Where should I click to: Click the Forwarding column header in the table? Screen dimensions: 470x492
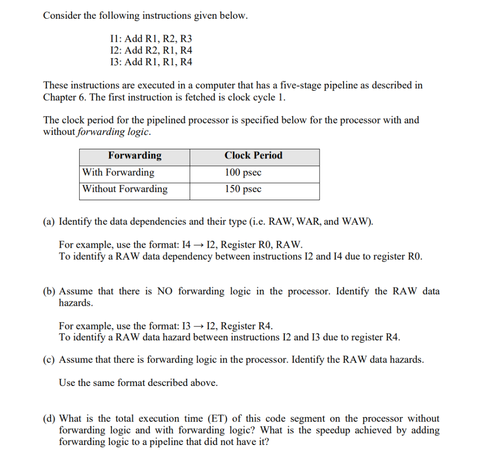tap(135, 156)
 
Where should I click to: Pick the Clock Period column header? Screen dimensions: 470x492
tap(253, 156)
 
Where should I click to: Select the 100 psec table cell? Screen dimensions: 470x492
tap(243, 172)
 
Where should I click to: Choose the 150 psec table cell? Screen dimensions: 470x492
tap(243, 189)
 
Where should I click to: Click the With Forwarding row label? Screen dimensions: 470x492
tap(118, 172)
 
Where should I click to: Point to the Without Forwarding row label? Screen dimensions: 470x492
tap(125, 189)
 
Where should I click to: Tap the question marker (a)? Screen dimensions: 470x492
tap(49, 222)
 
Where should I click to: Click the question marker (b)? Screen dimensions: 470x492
tap(49, 291)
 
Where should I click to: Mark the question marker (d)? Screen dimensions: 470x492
tap(49, 419)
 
